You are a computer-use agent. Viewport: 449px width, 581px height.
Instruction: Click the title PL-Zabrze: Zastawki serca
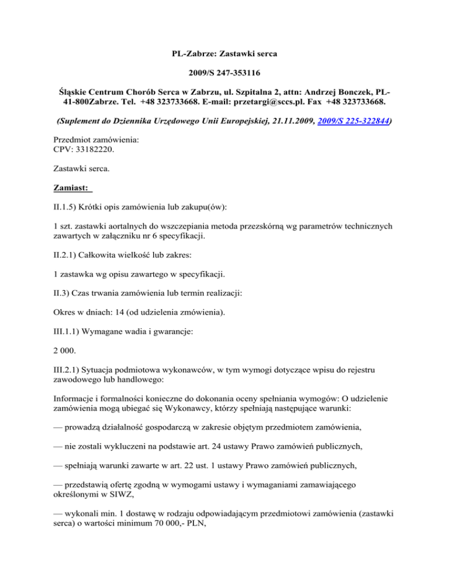(x=224, y=54)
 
